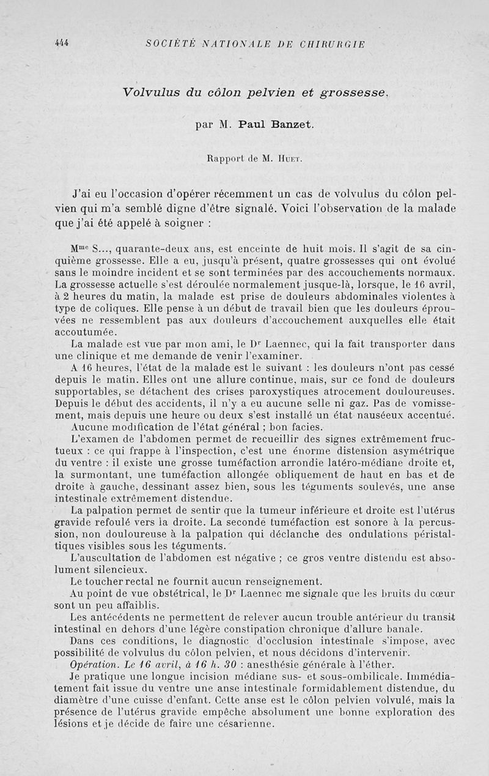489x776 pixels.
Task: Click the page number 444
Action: pos(61,43)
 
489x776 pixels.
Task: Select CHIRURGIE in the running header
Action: pos(334,44)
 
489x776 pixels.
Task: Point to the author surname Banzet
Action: pos(290,125)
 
